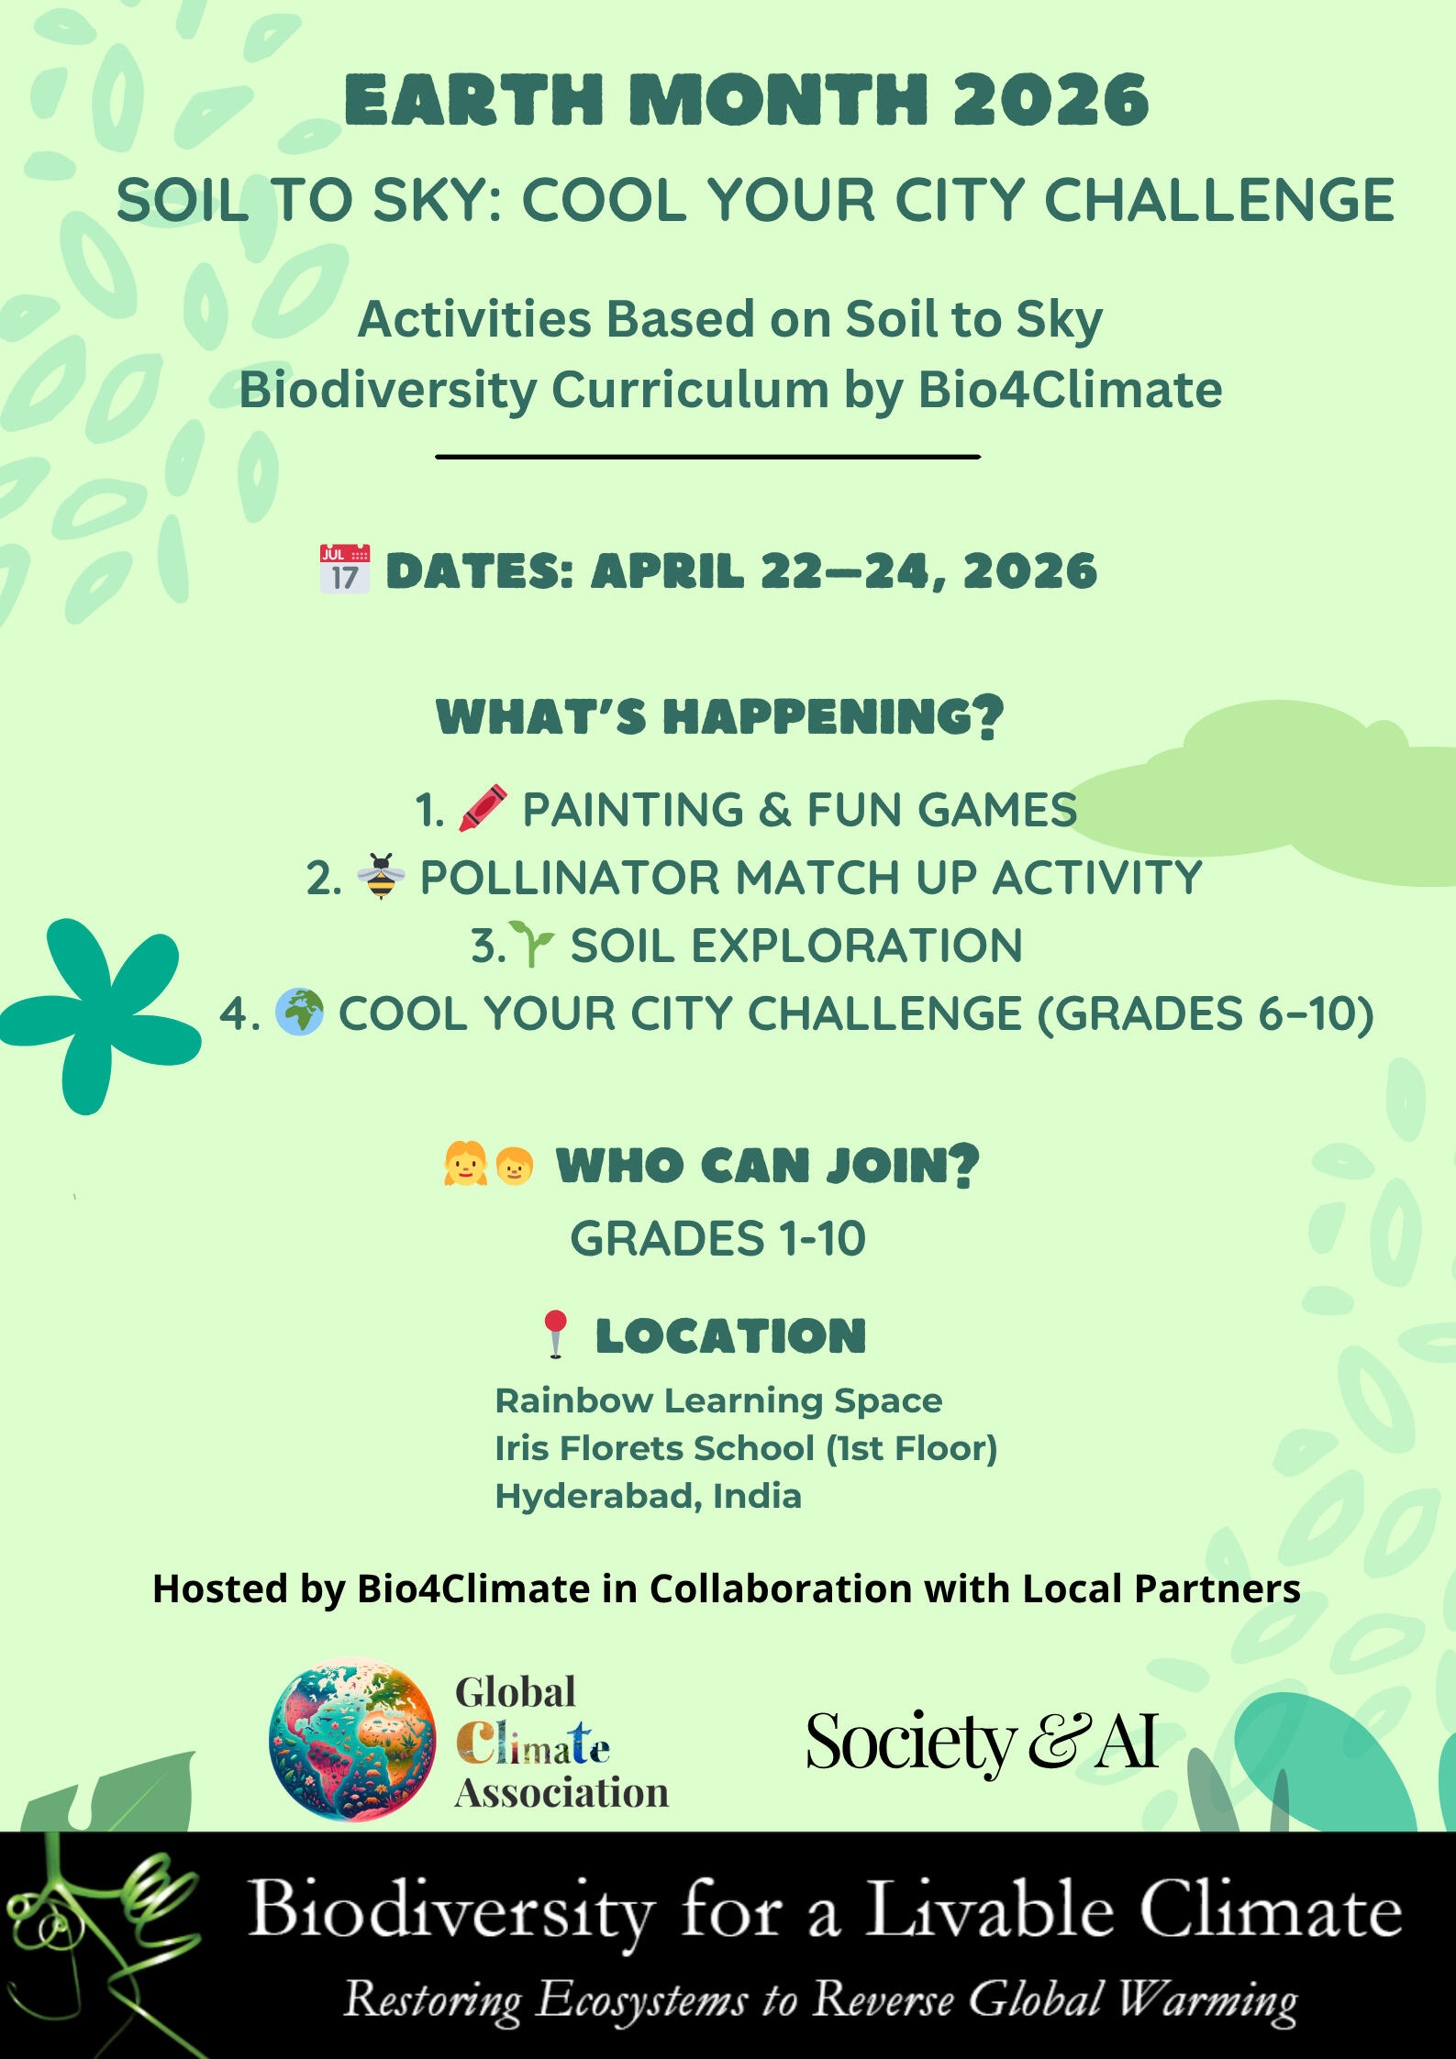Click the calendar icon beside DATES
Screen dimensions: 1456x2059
tap(345, 569)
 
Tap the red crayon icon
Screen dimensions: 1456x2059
tap(483, 808)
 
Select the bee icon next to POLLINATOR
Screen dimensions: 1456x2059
tap(381, 876)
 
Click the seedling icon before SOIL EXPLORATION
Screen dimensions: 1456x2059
tap(532, 944)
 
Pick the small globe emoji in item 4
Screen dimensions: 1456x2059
tap(299, 1012)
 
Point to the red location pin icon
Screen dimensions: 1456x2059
tap(555, 1334)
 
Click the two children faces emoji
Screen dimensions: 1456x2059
tap(488, 1164)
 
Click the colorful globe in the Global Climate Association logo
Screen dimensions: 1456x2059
tap(352, 1740)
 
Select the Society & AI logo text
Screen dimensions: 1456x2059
tap(982, 1741)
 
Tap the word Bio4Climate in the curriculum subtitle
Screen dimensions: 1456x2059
tap(1070, 390)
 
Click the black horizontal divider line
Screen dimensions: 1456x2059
tap(707, 456)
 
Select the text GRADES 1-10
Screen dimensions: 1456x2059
tap(717, 1239)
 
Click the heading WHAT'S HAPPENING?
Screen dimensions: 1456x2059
tap(720, 716)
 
